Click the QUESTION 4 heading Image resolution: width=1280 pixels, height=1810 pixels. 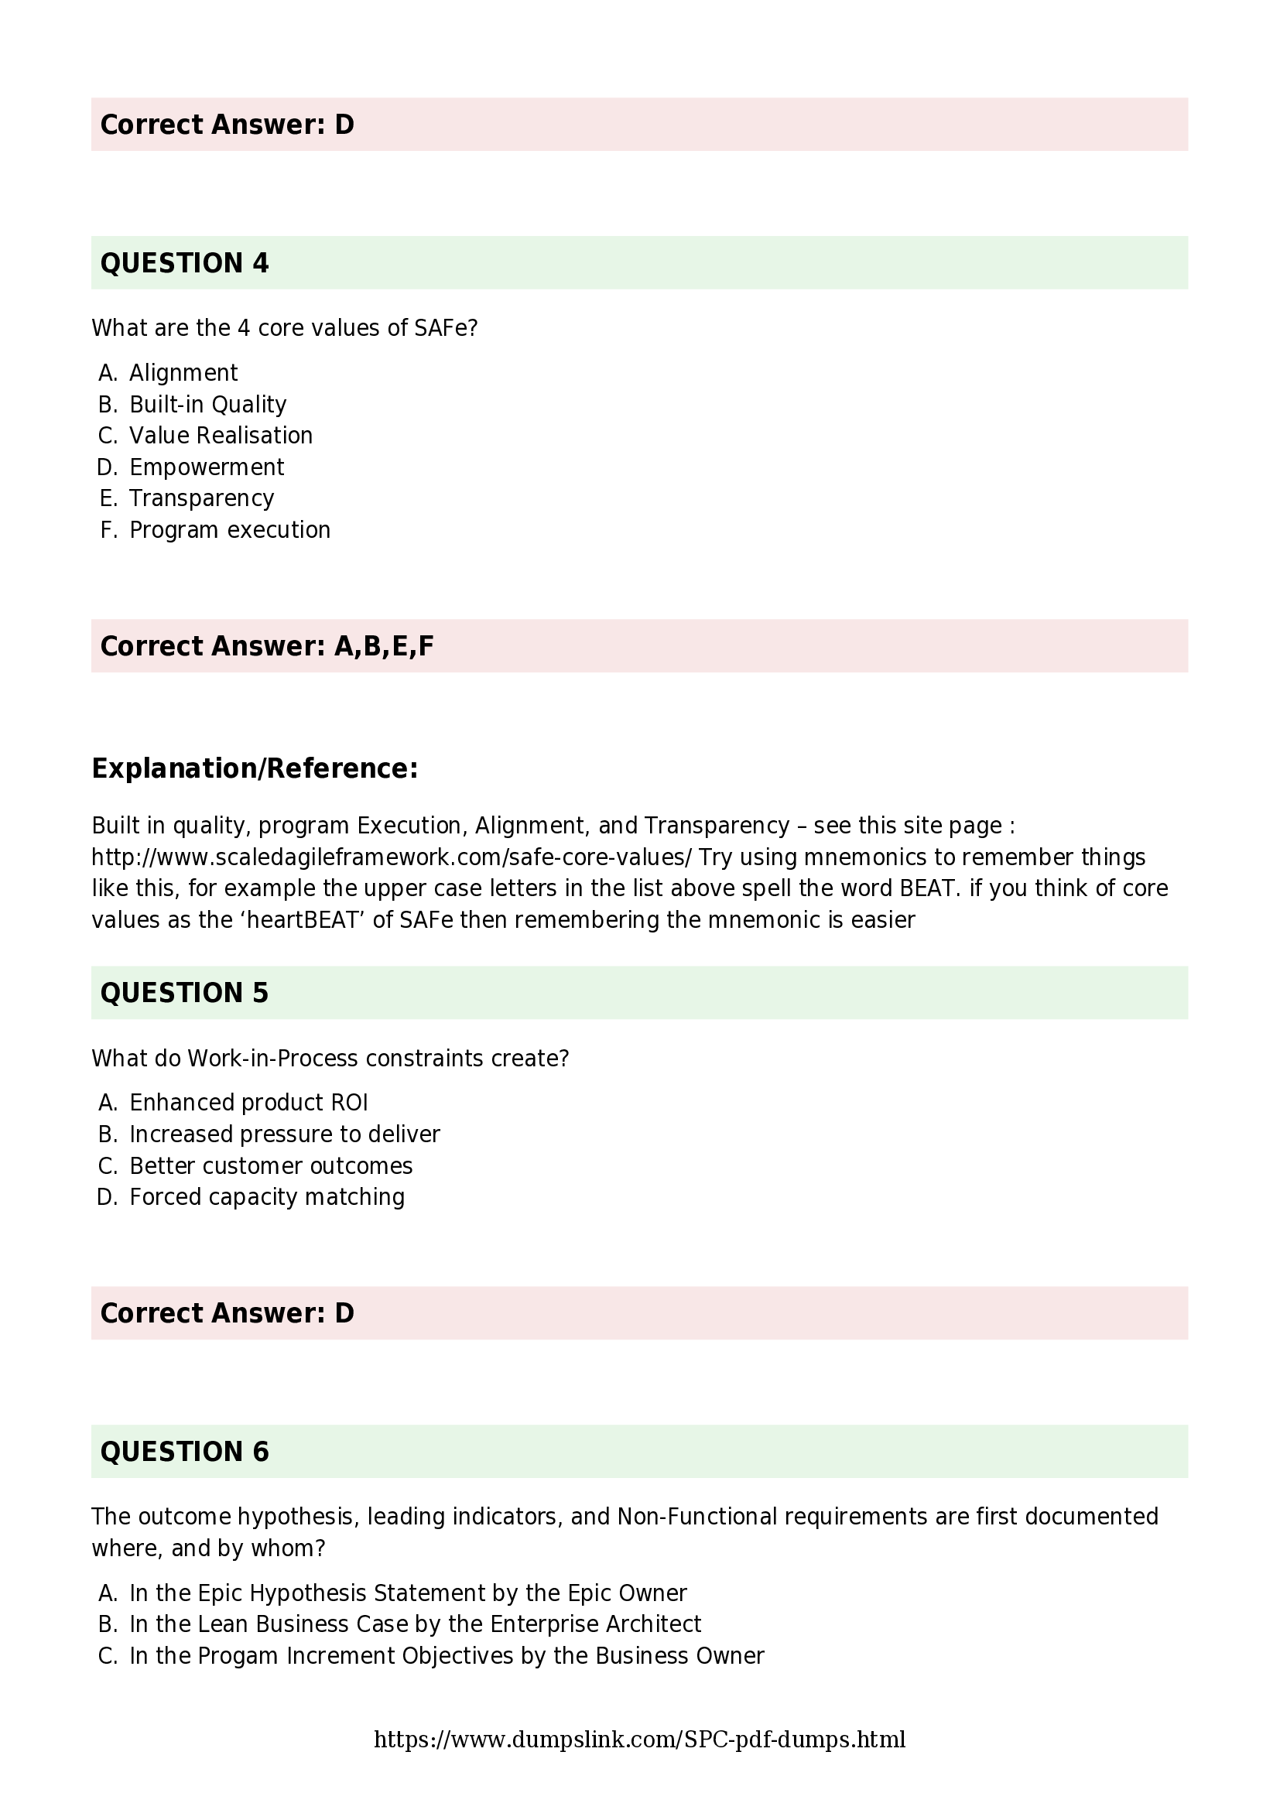[x=184, y=262]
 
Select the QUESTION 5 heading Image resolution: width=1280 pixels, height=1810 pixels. [x=184, y=993]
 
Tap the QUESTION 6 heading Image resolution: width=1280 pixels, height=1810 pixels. [x=184, y=1451]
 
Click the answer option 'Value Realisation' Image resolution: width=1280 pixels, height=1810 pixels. [x=221, y=435]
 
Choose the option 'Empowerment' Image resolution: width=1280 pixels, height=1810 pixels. [x=207, y=467]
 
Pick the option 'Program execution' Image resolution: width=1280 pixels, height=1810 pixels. [x=229, y=530]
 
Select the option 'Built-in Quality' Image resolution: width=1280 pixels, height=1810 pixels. [x=207, y=405]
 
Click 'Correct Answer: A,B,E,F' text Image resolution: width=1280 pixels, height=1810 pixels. [x=266, y=645]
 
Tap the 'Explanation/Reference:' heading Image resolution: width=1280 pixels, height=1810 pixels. [x=255, y=768]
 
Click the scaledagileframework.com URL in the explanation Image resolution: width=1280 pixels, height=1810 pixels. [x=391, y=857]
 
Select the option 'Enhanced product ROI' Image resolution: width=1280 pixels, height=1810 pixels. [x=248, y=1102]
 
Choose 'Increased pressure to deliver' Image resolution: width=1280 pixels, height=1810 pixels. [x=285, y=1134]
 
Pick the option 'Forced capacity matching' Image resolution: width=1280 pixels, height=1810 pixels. [x=266, y=1196]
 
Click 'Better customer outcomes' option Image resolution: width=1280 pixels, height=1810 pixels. [x=270, y=1165]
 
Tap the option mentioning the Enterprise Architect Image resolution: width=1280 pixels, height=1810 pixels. [x=415, y=1624]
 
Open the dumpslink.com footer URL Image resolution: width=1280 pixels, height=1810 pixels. [x=639, y=1740]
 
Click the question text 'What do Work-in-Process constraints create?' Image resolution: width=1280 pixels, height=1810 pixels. [x=330, y=1058]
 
